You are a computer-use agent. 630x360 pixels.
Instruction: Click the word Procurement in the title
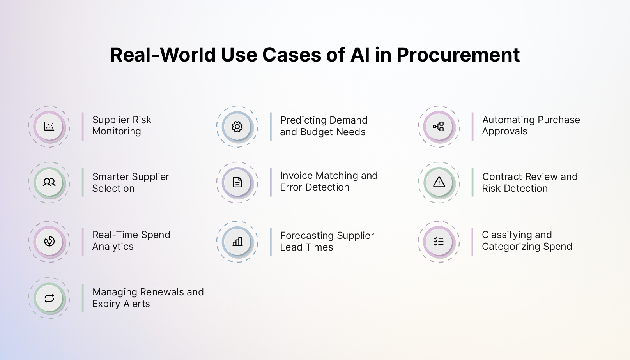pos(458,55)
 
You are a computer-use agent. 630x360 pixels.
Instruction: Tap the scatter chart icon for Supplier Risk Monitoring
pos(49,126)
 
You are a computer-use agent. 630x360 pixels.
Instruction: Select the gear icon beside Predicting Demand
pos(237,127)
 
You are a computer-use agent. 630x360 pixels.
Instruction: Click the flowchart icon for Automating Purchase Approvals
pos(439,126)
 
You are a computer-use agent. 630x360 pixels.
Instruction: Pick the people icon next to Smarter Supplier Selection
pos(49,182)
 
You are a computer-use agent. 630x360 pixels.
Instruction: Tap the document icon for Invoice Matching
pos(237,182)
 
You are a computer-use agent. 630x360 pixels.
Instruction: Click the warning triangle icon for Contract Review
pos(439,182)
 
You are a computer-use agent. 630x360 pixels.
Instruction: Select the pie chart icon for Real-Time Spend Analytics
pos(49,242)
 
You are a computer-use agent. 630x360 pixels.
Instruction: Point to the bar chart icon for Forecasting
pos(237,242)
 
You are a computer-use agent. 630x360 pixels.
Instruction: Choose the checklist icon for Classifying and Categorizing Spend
pos(439,242)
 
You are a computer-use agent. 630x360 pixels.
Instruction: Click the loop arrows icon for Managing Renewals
pos(49,298)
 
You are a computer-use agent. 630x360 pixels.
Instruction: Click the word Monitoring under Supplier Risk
pos(117,131)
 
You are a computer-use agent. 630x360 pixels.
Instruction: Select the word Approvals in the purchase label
pos(504,131)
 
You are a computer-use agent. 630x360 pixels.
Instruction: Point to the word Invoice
pos(296,176)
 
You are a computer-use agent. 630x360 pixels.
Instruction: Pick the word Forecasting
pos(307,236)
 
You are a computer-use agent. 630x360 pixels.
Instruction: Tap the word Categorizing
pos(511,247)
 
